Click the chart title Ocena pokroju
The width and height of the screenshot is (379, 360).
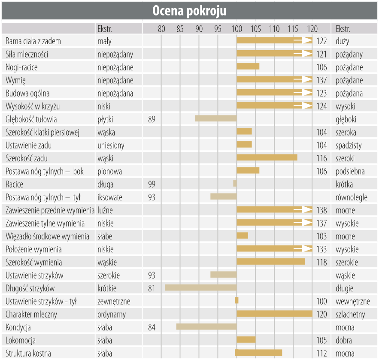[x=189, y=11]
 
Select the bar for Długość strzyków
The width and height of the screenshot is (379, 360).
[x=200, y=287]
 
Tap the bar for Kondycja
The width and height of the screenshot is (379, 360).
[x=206, y=327]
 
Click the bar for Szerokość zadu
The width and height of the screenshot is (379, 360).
[x=267, y=157]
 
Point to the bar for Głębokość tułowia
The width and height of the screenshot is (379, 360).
[x=216, y=118]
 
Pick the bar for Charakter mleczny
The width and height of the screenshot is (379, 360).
[x=274, y=314]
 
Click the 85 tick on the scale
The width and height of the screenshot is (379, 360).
[x=180, y=29]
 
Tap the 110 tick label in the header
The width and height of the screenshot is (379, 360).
[x=274, y=29]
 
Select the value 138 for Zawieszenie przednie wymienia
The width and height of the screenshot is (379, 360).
[x=321, y=210]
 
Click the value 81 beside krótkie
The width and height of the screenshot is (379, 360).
[x=152, y=288]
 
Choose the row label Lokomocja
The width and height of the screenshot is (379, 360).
[x=21, y=341]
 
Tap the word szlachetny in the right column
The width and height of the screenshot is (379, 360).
[x=350, y=315]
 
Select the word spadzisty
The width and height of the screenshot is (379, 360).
[x=349, y=145]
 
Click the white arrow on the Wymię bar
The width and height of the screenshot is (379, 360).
[x=306, y=79]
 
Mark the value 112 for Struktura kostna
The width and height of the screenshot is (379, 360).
[x=321, y=354]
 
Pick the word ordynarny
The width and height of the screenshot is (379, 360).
[x=112, y=315]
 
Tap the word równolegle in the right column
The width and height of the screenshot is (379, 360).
[x=351, y=197]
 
